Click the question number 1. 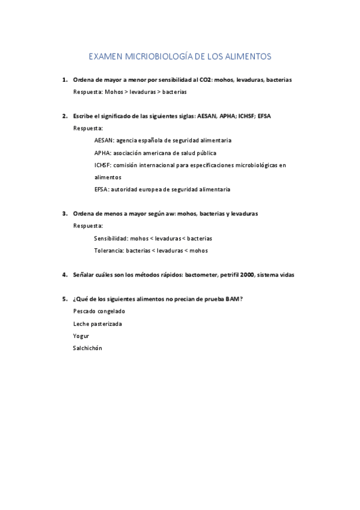coord(64,80)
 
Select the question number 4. coord(64,275)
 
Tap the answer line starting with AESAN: coord(162,140)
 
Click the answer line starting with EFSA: coord(162,189)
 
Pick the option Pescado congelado coord(99,312)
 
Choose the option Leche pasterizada coord(97,324)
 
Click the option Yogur coord(81,336)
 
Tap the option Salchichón coord(88,348)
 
